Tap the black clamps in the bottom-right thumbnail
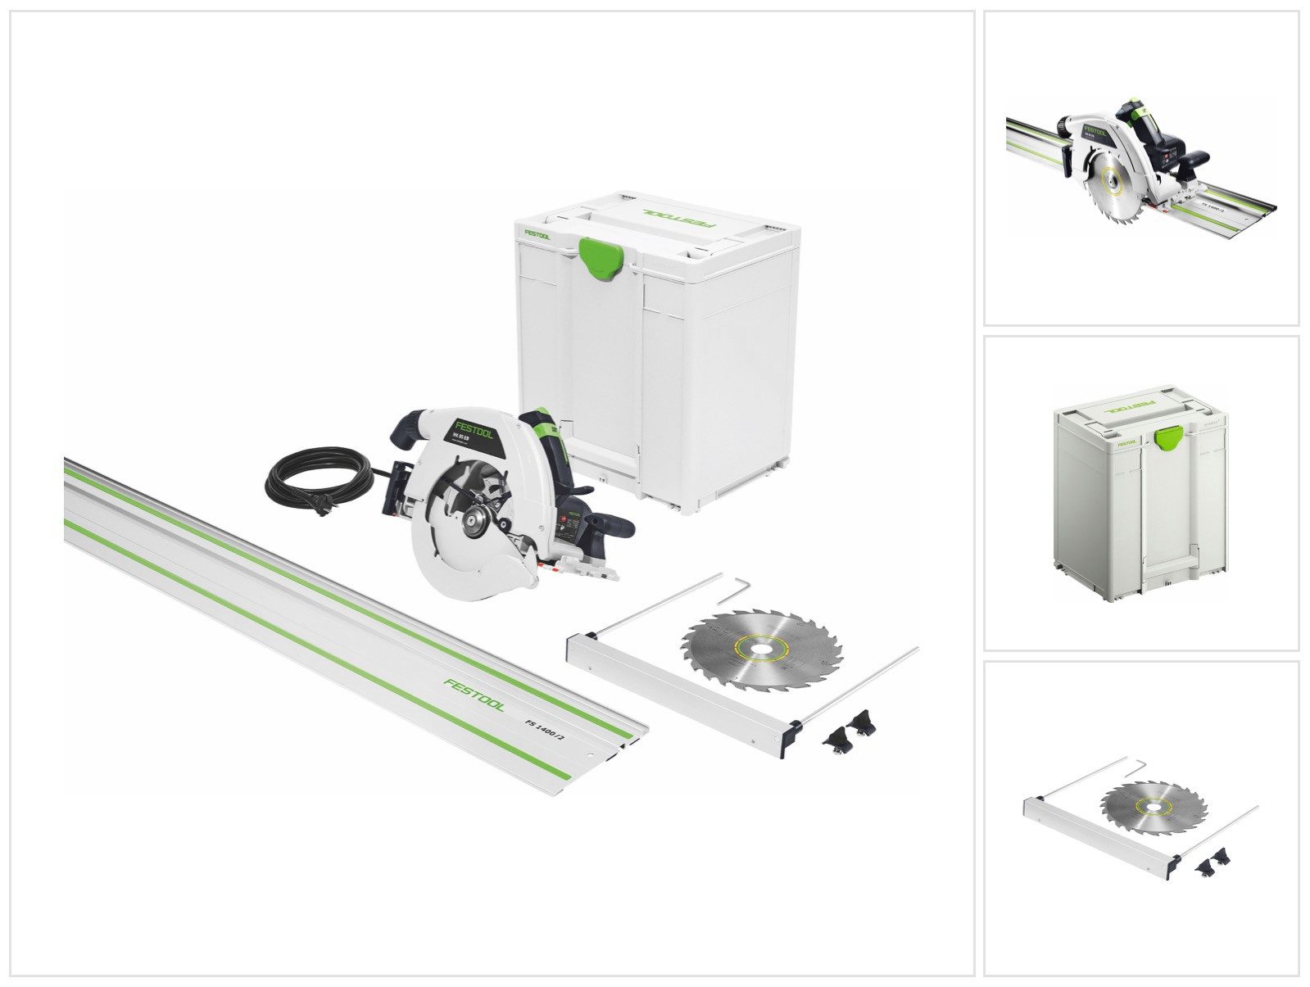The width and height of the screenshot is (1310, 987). [1214, 859]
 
